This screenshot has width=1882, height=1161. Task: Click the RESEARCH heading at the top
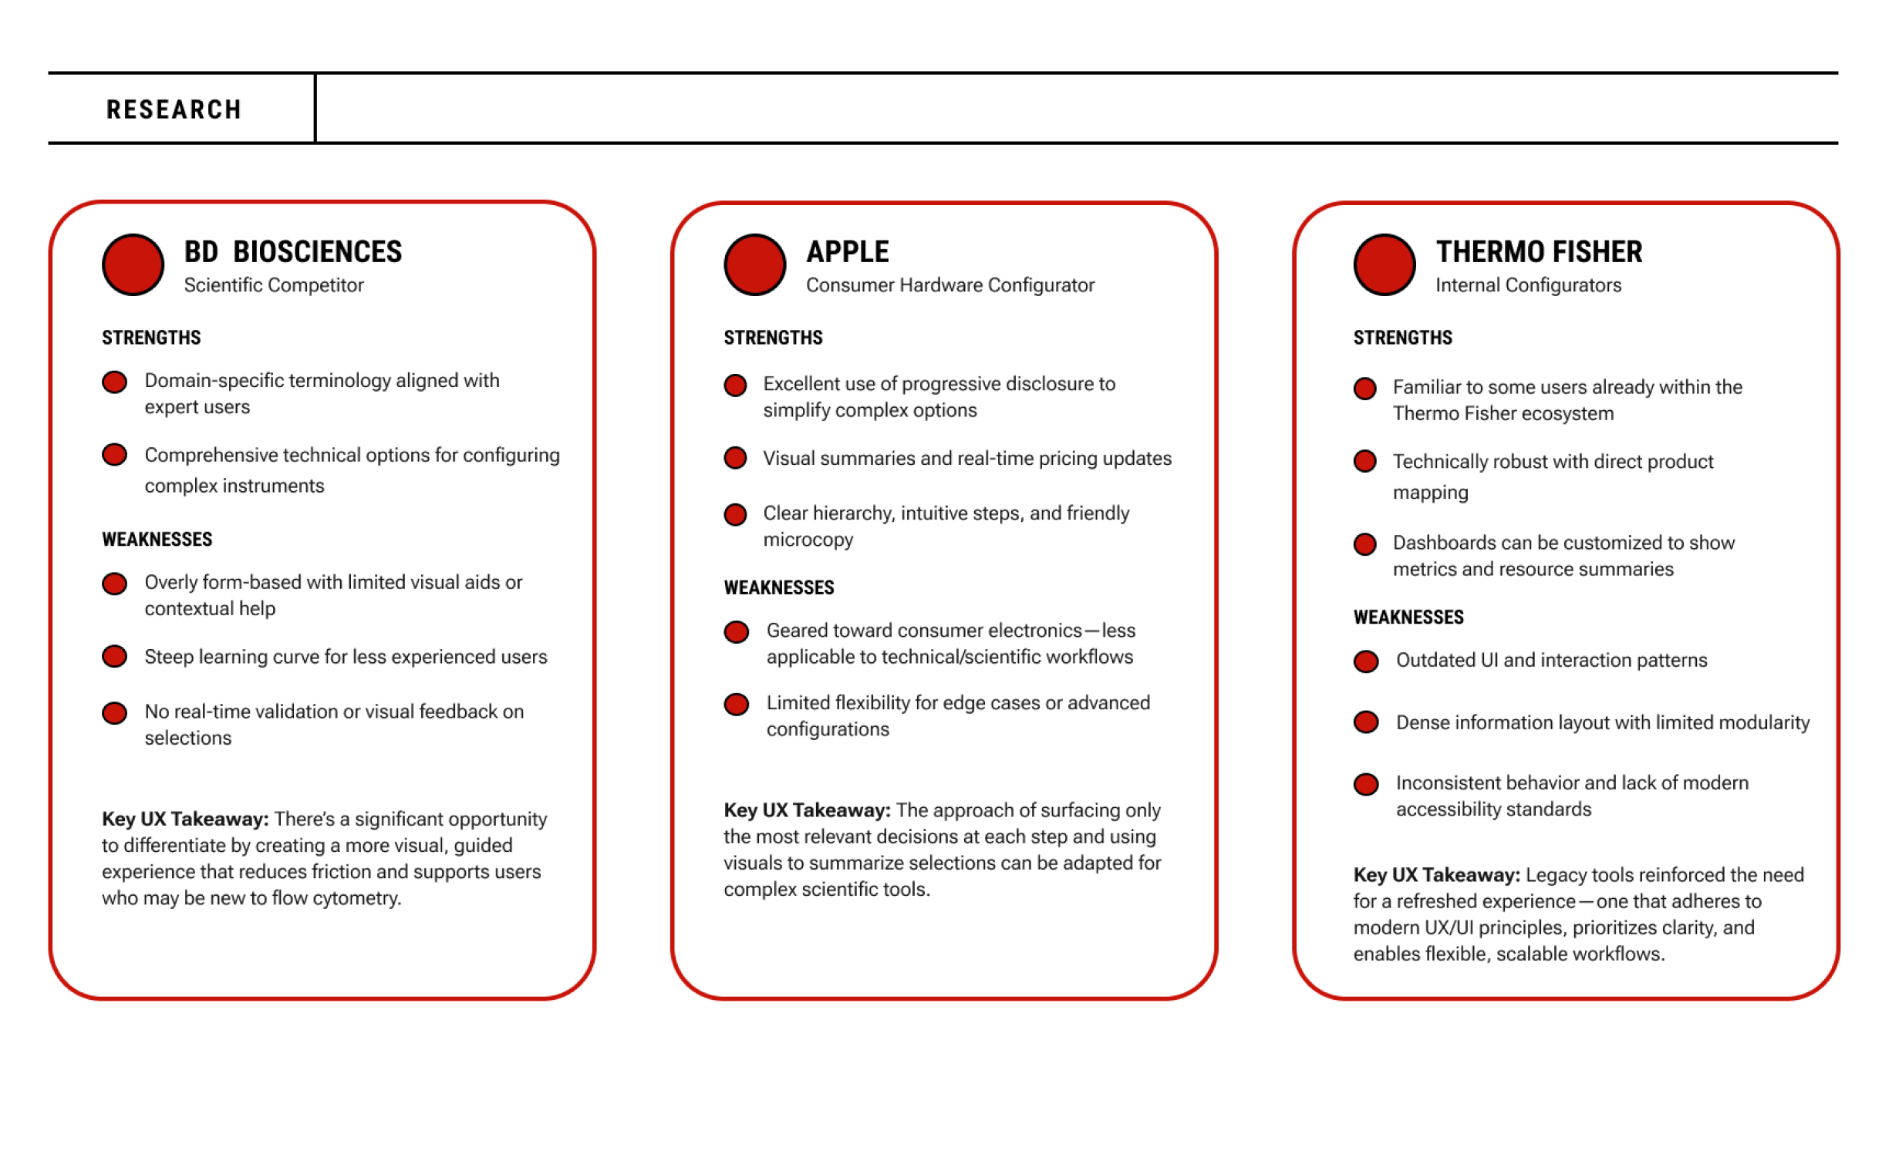174,109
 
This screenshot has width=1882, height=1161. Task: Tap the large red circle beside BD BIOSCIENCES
133,264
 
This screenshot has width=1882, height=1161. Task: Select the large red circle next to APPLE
754,264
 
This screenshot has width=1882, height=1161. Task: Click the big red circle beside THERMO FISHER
1384,264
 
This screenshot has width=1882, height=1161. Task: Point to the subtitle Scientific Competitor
273,285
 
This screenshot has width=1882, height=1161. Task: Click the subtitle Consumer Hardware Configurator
949,285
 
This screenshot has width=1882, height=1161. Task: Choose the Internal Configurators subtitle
1528,285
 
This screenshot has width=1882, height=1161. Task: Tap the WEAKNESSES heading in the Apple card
778,587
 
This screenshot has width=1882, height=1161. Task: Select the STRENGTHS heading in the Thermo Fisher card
1402,338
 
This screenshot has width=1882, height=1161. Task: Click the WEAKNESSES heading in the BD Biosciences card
157,540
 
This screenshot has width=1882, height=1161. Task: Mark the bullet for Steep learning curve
115,657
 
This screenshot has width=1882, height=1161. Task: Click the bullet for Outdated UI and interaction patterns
1366,661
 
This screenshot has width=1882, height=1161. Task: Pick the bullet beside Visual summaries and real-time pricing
735,459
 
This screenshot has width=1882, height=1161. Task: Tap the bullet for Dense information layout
1366,722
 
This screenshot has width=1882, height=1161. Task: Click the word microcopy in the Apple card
808,540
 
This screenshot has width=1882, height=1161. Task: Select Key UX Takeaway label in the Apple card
806,810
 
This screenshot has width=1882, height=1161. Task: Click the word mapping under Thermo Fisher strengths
1430,493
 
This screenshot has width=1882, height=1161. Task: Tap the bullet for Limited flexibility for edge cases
736,704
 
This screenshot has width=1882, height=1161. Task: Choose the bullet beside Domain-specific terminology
115,382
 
